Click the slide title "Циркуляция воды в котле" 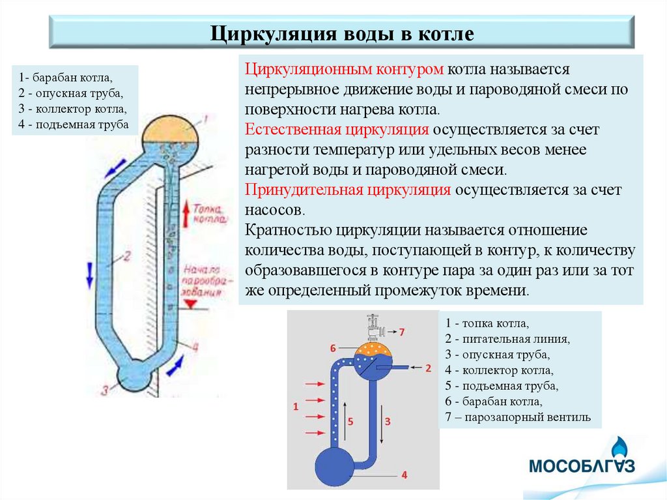pos(341,33)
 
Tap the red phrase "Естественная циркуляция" pos(337,130)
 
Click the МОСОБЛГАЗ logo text pos(581,466)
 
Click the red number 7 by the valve pos(401,332)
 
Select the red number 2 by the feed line pos(428,368)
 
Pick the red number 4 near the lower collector pos(404,475)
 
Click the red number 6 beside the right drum pos(333,347)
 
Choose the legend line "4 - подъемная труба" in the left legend pos(70,123)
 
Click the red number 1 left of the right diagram pos(296,407)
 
